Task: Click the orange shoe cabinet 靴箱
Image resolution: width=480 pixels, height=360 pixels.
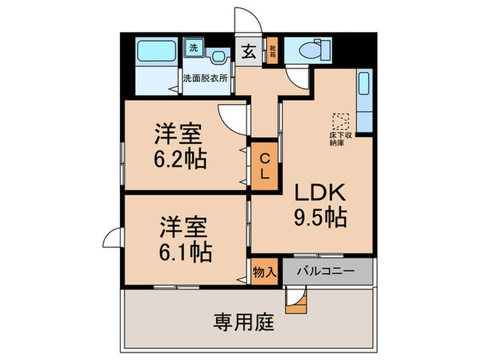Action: click(x=272, y=51)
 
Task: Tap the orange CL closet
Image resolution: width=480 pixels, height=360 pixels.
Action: click(x=264, y=165)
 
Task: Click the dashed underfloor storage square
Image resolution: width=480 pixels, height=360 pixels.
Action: click(x=341, y=122)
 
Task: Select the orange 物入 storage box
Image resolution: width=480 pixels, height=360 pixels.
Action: click(x=265, y=272)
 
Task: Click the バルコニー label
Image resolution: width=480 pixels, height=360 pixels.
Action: click(x=326, y=272)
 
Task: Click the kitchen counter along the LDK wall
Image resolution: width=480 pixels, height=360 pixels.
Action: click(x=364, y=95)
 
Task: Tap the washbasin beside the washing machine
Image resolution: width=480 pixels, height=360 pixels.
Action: click(x=218, y=57)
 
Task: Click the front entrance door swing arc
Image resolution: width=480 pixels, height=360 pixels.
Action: click(x=246, y=19)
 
